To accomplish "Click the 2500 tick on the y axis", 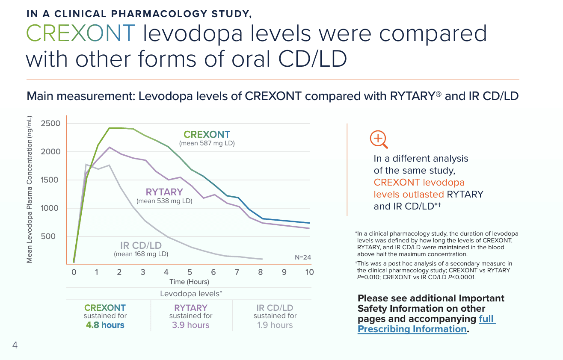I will [51, 124].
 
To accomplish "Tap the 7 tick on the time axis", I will [237, 272].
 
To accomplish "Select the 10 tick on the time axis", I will [309, 272].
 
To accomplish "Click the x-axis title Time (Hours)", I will [189, 282].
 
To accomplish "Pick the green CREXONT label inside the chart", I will [207, 135].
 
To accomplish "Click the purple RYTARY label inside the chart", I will [164, 192].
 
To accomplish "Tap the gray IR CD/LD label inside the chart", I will [141, 245].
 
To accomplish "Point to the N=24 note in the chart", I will [302, 257].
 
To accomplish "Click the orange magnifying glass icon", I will [379, 139].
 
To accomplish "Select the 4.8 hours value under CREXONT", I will [105, 325].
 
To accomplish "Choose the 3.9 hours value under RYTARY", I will [191, 325].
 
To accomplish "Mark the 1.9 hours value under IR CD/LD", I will [275, 325].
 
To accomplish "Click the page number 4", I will [15, 345].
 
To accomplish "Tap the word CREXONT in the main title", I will [81, 33].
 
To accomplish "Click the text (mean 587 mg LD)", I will [207, 143].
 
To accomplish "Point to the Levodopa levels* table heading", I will [191, 294].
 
